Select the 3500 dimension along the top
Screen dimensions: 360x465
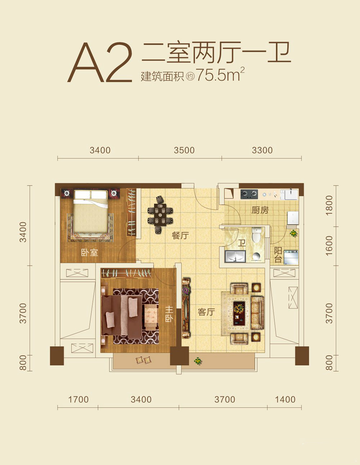click(x=184, y=150)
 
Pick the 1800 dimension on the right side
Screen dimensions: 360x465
click(x=329, y=206)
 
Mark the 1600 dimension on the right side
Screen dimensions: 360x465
click(x=329, y=246)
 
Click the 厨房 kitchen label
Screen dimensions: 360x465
click(x=260, y=210)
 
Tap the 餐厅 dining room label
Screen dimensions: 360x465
click(x=180, y=236)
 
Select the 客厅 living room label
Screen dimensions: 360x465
click(x=206, y=312)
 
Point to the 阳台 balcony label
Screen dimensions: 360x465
click(x=278, y=255)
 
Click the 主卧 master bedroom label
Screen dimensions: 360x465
click(x=169, y=314)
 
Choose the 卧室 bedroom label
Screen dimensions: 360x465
click(x=89, y=253)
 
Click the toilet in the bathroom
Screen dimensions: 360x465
click(x=256, y=234)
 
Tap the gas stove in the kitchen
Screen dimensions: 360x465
click(x=249, y=194)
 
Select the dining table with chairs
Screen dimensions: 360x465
click(x=160, y=214)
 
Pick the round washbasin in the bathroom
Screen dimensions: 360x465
click(x=256, y=256)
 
